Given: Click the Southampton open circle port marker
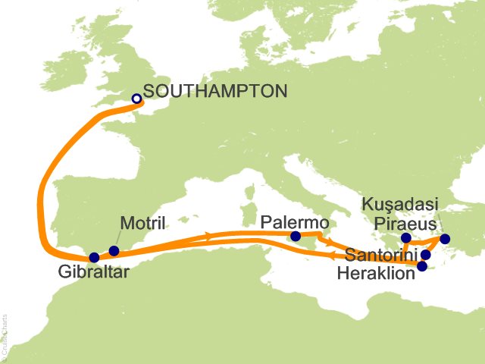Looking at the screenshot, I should [136, 99].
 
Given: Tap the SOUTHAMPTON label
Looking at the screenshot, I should [215, 92].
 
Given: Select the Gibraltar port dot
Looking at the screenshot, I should [94, 258].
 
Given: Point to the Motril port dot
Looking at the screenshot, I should [114, 251].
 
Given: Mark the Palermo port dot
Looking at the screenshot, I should [296, 237].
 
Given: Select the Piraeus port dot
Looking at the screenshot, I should [406, 238].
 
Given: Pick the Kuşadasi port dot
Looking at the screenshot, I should [445, 240].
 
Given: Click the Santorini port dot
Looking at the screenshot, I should [426, 255].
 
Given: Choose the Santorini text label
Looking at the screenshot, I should [380, 253].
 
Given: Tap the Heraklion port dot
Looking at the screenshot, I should [422, 266].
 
